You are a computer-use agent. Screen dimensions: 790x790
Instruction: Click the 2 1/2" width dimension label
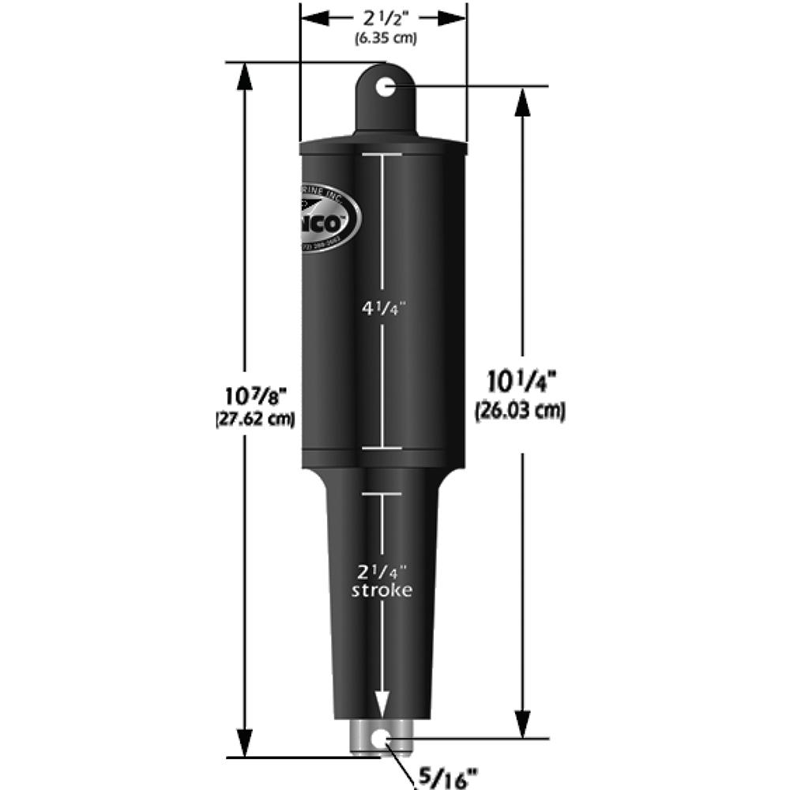[x=382, y=17]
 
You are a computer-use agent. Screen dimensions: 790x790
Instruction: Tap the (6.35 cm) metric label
[x=382, y=37]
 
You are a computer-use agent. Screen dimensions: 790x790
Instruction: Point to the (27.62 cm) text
[x=255, y=419]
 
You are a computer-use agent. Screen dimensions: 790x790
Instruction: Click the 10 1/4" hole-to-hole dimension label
[x=521, y=384]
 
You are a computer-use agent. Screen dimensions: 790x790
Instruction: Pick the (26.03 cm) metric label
[x=521, y=411]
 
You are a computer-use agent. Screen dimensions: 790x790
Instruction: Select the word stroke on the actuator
[x=382, y=590]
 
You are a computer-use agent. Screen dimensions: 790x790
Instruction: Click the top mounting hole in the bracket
[x=385, y=86]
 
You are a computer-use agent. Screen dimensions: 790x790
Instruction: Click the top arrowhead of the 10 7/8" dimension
[x=244, y=75]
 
